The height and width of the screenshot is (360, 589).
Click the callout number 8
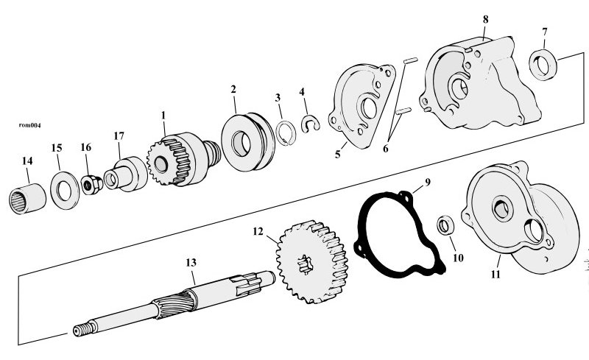(486, 20)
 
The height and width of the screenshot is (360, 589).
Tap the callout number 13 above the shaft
(191, 262)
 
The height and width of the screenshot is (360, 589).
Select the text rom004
(29, 125)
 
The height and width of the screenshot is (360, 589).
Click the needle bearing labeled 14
(27, 199)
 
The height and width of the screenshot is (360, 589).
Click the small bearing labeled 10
(446, 225)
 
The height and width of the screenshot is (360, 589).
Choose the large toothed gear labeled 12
(311, 262)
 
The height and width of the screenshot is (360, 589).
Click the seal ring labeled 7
(543, 64)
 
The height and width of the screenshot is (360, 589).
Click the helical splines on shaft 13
(175, 303)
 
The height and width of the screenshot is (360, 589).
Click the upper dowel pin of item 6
(410, 60)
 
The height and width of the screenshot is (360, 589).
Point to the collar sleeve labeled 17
(125, 174)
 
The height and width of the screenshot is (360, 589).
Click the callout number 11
(495, 275)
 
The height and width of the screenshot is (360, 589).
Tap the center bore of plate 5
(369, 108)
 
